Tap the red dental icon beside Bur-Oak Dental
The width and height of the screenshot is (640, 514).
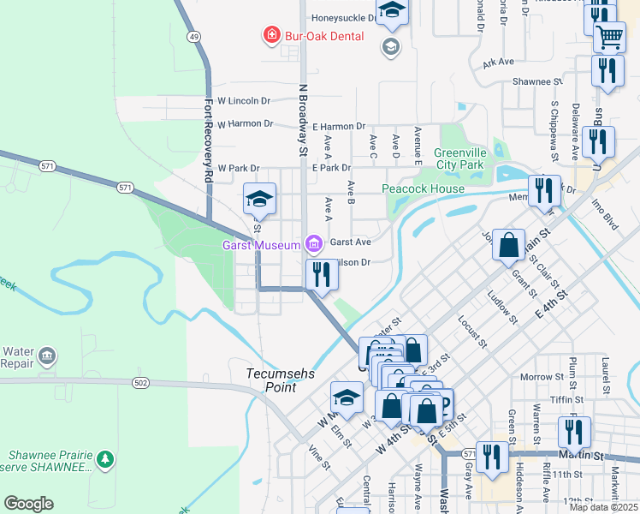click(x=271, y=35)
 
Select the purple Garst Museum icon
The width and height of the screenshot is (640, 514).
click(x=315, y=245)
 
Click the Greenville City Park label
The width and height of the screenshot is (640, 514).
click(x=460, y=158)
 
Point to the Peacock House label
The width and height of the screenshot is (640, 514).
click(x=423, y=188)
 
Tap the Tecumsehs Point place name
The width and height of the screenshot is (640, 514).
click(x=271, y=380)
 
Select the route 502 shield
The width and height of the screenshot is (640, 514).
click(x=139, y=383)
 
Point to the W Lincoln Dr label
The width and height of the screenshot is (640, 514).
click(x=244, y=100)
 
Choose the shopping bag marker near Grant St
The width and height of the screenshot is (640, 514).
click(x=508, y=245)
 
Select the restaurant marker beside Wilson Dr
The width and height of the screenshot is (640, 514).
click(x=322, y=275)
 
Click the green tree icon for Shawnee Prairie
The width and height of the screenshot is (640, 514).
click(x=105, y=459)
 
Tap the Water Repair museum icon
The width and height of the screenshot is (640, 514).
click(x=47, y=355)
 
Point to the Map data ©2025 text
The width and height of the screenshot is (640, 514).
click(x=603, y=507)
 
